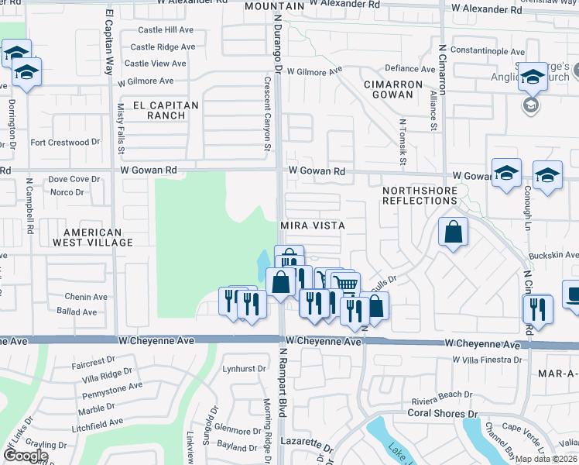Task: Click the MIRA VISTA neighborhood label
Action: (x=312, y=225)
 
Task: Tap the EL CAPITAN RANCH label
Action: (x=166, y=110)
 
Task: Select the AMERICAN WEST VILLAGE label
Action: (x=92, y=237)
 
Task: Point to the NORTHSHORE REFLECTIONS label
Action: (x=420, y=195)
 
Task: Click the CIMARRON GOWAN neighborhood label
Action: (x=395, y=89)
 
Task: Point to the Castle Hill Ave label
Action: (x=166, y=29)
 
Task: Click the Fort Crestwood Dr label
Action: (x=65, y=143)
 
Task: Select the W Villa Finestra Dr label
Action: (x=485, y=360)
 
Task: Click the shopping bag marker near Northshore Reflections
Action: (x=452, y=232)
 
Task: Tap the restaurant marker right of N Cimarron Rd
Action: (x=536, y=308)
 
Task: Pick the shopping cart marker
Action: (x=345, y=284)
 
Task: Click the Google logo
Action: (x=26, y=456)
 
